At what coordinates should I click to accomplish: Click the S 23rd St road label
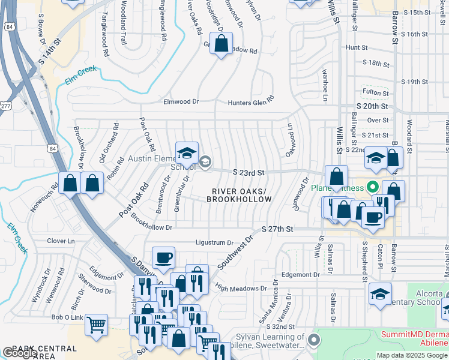249,173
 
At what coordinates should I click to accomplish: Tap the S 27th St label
277,229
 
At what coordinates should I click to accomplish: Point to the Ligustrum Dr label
214,243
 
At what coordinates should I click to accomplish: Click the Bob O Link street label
66,317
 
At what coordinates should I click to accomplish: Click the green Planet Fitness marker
372,187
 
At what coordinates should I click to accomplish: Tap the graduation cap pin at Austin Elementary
187,153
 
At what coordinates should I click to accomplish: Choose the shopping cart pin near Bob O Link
96,325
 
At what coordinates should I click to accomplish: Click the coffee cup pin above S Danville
163,258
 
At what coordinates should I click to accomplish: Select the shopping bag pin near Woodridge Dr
221,43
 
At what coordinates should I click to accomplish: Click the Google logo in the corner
20,353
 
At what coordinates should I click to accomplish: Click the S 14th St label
50,52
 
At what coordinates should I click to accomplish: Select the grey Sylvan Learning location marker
313,341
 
